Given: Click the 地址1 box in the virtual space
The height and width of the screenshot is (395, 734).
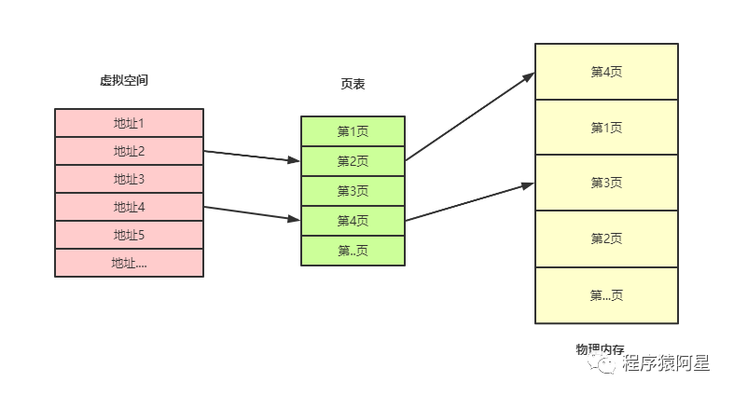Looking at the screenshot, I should pyautogui.click(x=129, y=123).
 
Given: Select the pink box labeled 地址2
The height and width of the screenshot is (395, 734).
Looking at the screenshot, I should pyautogui.click(x=129, y=151).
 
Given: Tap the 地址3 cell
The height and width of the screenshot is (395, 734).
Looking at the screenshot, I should pyautogui.click(x=129, y=179).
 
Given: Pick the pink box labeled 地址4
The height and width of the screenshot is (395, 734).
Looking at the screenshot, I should pyautogui.click(x=129, y=207).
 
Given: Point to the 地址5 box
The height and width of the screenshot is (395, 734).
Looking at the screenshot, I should pyautogui.click(x=129, y=235).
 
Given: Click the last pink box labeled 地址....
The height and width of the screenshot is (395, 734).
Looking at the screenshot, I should pyautogui.click(x=129, y=263).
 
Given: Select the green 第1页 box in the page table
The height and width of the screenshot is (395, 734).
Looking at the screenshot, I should pyautogui.click(x=353, y=131).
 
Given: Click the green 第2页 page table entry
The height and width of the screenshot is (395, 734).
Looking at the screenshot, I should pyautogui.click(x=353, y=161).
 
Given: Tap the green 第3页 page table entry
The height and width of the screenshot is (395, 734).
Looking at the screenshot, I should pyautogui.click(x=353, y=191).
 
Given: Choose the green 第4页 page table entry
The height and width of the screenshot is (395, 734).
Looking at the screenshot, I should pyautogui.click(x=353, y=221).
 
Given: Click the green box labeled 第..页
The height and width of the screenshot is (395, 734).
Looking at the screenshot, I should pyautogui.click(x=353, y=251).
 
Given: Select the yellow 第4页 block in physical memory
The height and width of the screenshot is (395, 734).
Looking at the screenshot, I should pyautogui.click(x=606, y=72).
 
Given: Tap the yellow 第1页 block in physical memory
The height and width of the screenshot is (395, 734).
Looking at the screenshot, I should pyautogui.click(x=606, y=128).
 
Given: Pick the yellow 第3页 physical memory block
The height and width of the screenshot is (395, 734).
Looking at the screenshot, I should pyautogui.click(x=606, y=184).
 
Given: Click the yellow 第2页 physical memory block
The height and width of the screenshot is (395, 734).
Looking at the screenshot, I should pyautogui.click(x=606, y=239).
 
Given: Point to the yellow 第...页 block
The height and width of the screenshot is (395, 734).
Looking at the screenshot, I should pyautogui.click(x=606, y=295).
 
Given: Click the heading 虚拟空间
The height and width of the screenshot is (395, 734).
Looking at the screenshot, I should pyautogui.click(x=124, y=81).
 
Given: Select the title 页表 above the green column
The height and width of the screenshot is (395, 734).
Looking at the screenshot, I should pyautogui.click(x=353, y=85).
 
